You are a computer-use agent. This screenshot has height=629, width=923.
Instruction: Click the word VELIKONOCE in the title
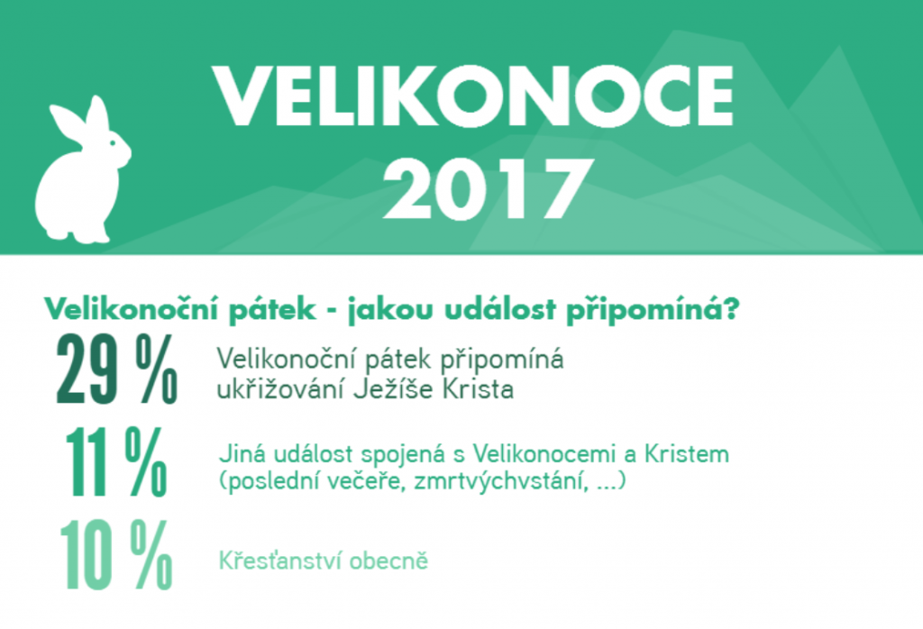click(x=473, y=96)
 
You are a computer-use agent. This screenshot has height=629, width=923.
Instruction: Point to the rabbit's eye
click(x=113, y=142)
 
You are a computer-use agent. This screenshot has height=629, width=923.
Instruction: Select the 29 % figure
click(x=116, y=369)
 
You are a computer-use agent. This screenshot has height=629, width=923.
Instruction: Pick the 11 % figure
click(x=116, y=462)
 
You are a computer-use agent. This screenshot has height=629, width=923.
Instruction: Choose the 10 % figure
click(x=116, y=555)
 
